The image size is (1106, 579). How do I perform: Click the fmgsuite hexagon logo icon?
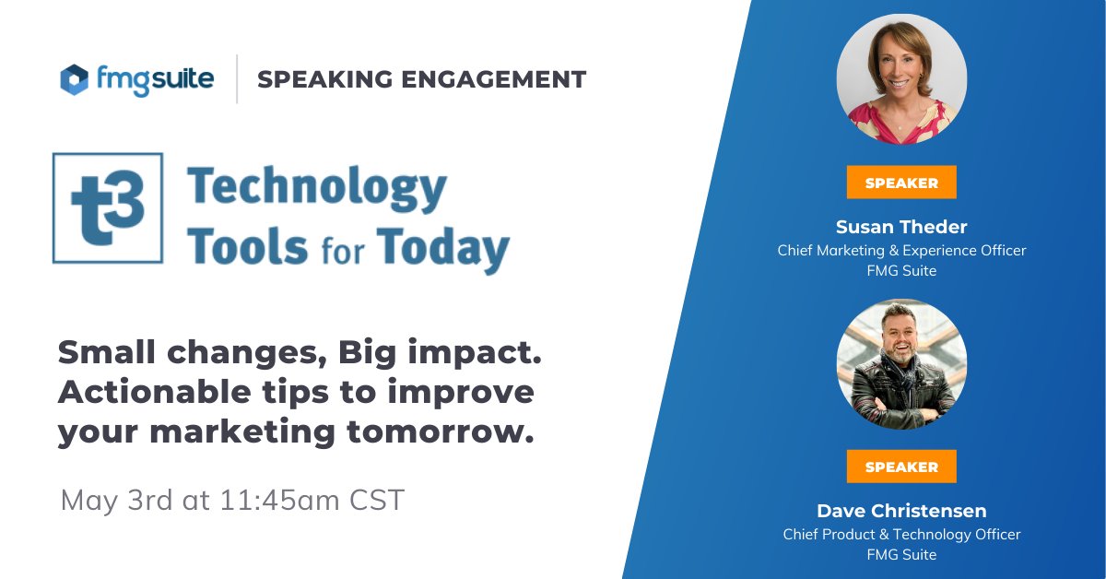tap(75, 79)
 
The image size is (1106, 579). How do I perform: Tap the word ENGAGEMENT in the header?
tap(494, 79)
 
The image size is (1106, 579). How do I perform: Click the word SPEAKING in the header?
tap(325, 79)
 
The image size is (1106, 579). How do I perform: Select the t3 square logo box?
tap(108, 208)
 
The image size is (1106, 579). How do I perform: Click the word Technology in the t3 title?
tap(317, 189)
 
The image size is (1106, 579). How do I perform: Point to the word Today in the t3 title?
tap(443, 250)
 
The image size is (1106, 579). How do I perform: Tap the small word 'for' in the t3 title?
tap(343, 251)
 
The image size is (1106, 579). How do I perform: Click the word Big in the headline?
tap(368, 353)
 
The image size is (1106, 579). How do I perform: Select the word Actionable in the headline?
tap(155, 392)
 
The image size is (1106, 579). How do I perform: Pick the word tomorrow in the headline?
tap(441, 431)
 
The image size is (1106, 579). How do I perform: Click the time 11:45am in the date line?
tap(279, 500)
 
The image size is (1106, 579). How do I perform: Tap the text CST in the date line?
tap(377, 500)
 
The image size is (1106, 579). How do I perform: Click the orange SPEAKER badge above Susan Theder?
tap(901, 183)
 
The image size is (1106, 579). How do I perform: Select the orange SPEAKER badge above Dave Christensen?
tap(901, 467)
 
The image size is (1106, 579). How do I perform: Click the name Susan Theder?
tap(901, 227)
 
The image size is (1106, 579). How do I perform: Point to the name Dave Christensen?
tap(901, 511)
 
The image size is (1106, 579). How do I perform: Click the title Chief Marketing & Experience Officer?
tap(901, 251)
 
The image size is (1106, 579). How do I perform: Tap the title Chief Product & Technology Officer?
tap(901, 535)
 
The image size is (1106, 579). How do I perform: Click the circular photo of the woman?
tap(901, 79)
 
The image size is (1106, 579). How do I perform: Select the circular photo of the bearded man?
tap(901, 364)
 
